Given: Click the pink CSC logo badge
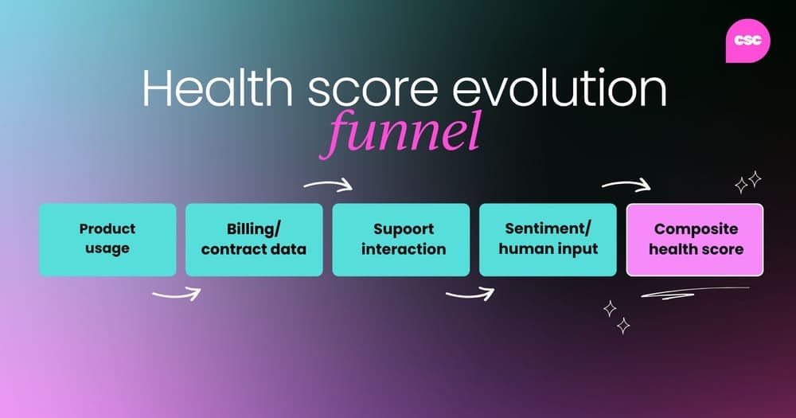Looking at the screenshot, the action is (x=747, y=41).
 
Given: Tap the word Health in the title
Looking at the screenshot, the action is (x=217, y=88).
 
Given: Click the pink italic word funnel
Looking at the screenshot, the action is (x=400, y=133).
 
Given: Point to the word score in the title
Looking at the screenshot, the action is (x=372, y=92).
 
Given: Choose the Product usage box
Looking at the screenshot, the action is (x=107, y=240).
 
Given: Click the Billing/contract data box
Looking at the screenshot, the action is (x=254, y=240).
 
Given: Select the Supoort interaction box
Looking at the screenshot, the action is (x=401, y=240).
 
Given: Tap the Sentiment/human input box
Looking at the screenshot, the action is (x=548, y=240).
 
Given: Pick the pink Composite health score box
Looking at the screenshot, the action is (x=695, y=240).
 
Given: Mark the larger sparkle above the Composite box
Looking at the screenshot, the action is (x=755, y=179).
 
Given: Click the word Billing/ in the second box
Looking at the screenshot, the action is (x=253, y=229).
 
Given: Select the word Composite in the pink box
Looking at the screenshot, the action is (x=696, y=229).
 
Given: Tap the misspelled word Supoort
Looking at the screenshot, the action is (x=404, y=229).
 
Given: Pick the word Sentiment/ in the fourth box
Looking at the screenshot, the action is (x=548, y=229).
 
